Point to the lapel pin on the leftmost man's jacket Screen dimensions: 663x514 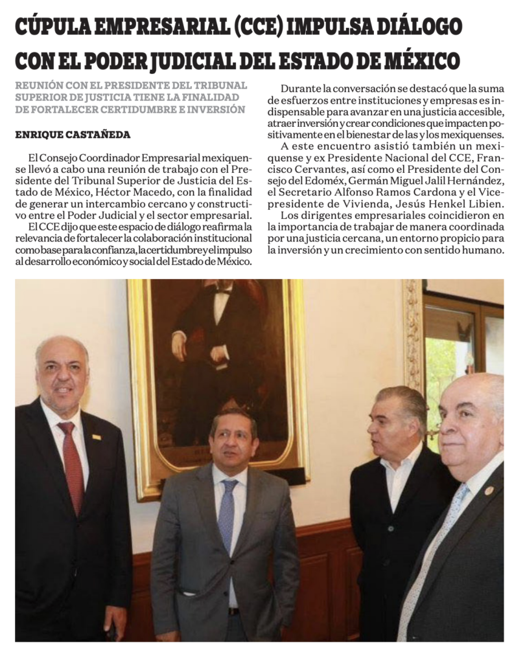(x=97, y=437)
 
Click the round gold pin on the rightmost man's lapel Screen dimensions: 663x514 (x=489, y=491)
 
